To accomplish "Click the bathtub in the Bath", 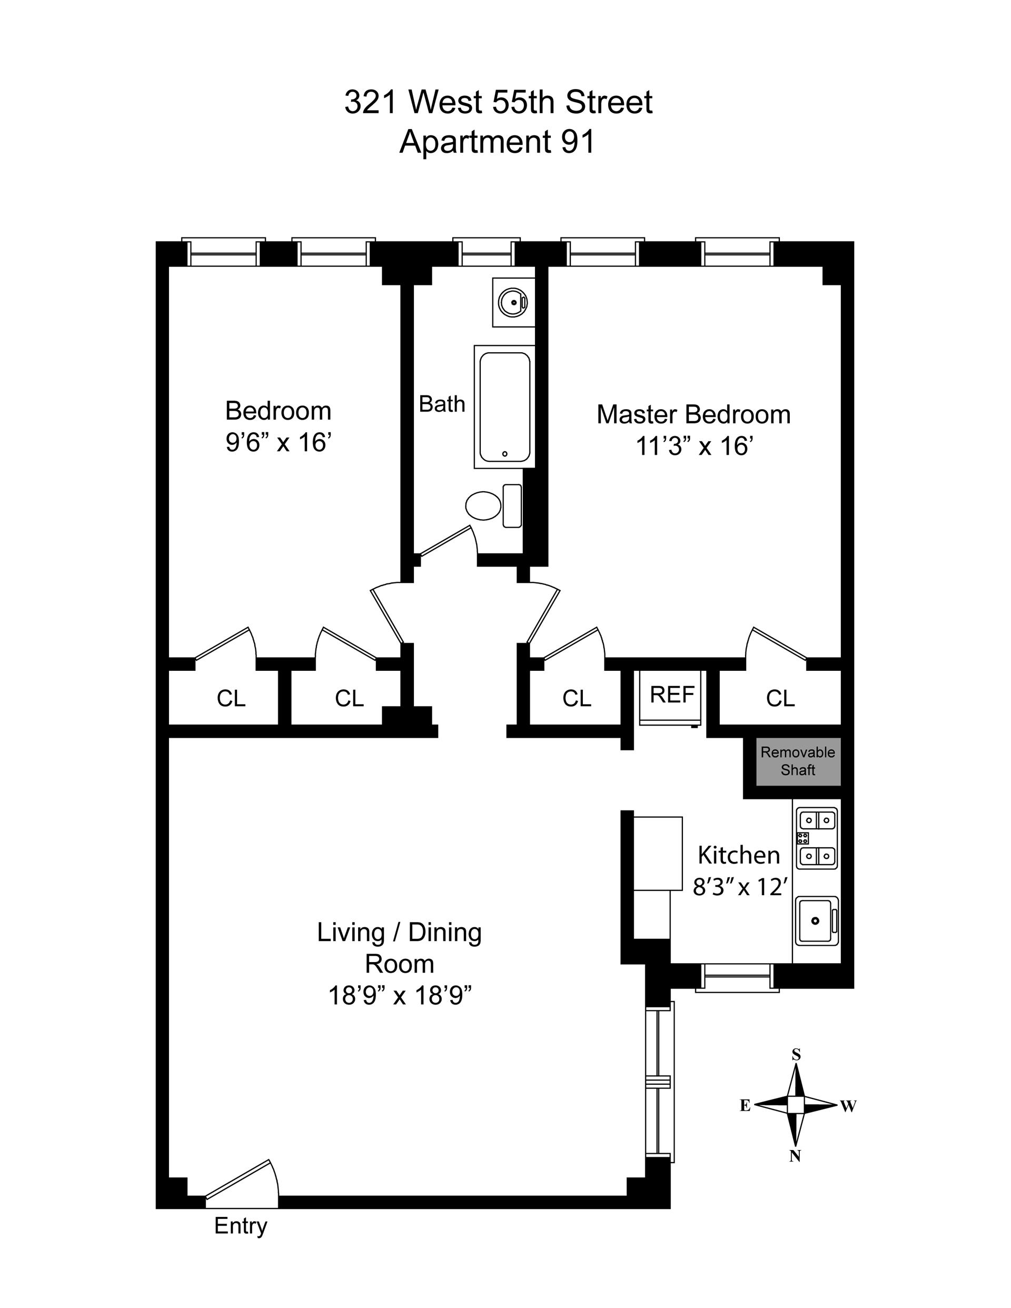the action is click(504, 407).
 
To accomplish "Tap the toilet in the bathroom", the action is click(493, 506).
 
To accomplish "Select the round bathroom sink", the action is click(513, 302).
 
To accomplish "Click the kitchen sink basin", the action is click(816, 920).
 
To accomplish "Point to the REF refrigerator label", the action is click(671, 695).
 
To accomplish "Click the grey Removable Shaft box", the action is click(798, 761).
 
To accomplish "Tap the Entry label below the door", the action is click(240, 1226).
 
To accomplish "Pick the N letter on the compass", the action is click(795, 1156).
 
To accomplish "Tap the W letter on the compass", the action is click(848, 1106).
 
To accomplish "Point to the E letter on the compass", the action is click(745, 1106).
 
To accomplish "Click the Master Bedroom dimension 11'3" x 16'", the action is click(693, 446).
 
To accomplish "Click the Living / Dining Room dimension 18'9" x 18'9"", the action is click(400, 995).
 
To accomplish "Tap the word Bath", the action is click(442, 404).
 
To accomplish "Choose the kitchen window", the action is click(737, 977).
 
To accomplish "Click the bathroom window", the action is click(487, 252).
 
